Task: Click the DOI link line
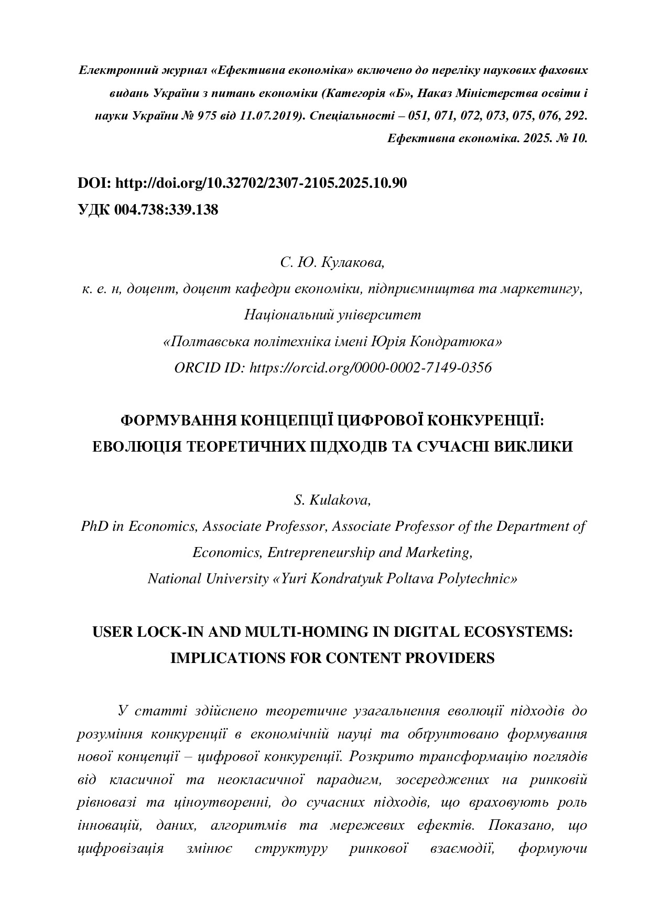pos(242,183)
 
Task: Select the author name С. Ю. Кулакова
pos(332,262)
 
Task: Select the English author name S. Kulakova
pos(332,500)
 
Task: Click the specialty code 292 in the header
pos(576,116)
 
